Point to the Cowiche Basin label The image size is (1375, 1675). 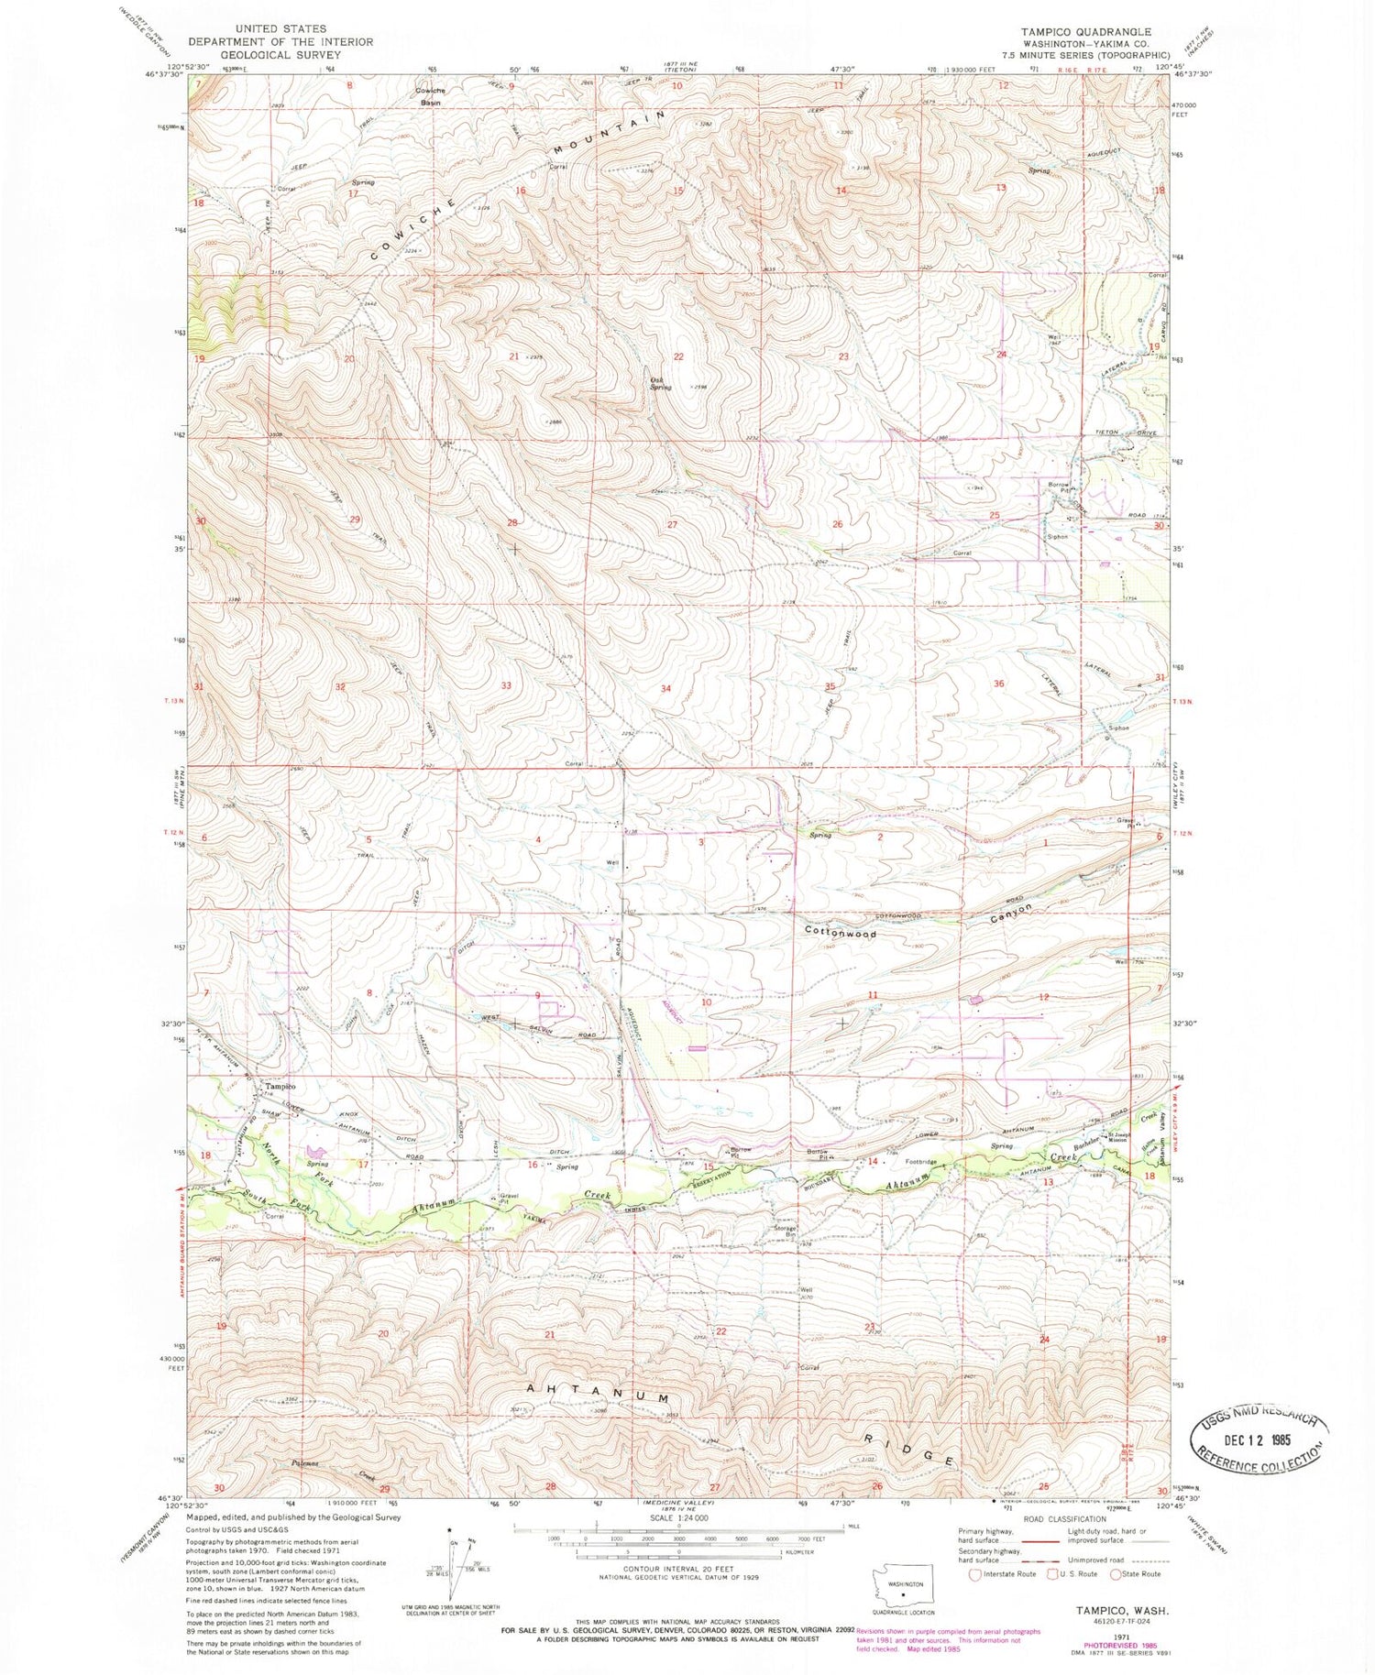pyautogui.click(x=427, y=97)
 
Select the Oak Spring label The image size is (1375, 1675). pyautogui.click(x=660, y=383)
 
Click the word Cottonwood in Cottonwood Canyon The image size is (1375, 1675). pyautogui.click(x=841, y=934)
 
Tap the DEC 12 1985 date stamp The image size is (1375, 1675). pyautogui.click(x=1258, y=1439)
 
